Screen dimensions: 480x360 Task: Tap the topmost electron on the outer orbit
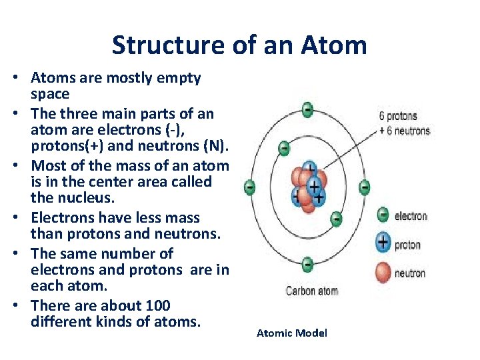pyautogui.click(x=307, y=109)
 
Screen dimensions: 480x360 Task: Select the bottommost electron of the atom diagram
pyautogui.click(x=307, y=265)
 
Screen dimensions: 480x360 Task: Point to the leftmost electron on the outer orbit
pyautogui.click(x=249, y=187)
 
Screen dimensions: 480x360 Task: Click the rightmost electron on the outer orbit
pyautogui.click(x=365, y=187)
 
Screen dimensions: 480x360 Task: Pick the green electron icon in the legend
pyautogui.click(x=383, y=215)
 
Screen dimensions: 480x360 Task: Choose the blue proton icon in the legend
pyautogui.click(x=383, y=243)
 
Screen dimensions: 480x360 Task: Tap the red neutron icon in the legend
pyautogui.click(x=383, y=273)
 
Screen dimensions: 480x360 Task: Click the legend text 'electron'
pyautogui.click(x=411, y=216)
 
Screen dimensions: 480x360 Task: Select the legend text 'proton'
pyautogui.click(x=407, y=245)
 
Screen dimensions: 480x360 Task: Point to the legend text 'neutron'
pyautogui.click(x=410, y=273)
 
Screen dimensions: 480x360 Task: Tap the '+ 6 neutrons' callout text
pyautogui.click(x=405, y=131)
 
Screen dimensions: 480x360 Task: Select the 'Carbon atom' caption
pyautogui.click(x=311, y=291)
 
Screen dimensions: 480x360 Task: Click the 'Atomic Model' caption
pyautogui.click(x=292, y=333)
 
